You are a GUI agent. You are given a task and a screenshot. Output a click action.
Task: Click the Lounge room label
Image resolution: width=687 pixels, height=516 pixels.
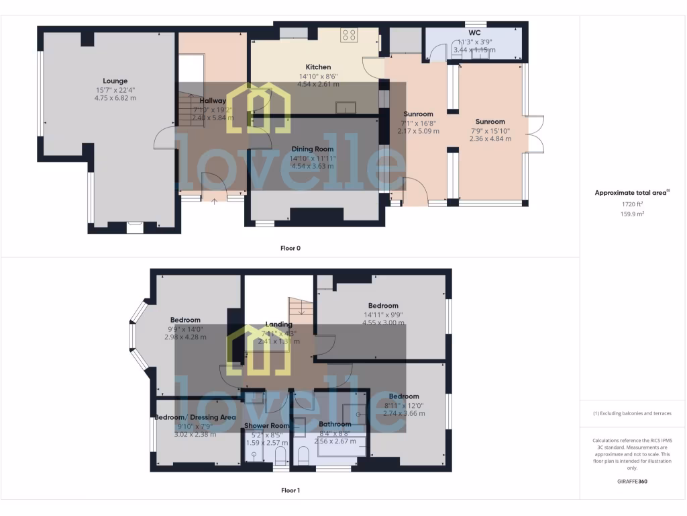[x=115, y=81]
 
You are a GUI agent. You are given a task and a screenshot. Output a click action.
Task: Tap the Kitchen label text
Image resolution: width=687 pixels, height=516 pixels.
[x=318, y=67]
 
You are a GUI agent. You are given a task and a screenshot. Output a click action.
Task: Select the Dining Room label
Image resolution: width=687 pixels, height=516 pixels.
[x=312, y=148]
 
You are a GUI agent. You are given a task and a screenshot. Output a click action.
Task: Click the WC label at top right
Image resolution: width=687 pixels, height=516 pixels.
[x=474, y=32]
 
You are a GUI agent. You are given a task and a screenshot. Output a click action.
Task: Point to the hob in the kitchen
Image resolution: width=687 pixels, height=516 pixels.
[x=348, y=35]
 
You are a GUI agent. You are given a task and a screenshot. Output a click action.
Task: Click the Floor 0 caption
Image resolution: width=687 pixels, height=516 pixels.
[x=290, y=248]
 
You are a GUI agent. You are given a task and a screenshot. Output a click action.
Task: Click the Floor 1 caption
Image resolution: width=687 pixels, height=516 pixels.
[x=290, y=490]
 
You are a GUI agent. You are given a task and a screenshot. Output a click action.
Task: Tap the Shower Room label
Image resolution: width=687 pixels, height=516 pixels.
[x=266, y=425]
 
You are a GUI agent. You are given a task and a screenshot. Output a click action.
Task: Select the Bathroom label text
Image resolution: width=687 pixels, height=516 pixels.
[x=334, y=424]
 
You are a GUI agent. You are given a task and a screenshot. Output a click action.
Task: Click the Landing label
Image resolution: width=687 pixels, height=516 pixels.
[x=278, y=324]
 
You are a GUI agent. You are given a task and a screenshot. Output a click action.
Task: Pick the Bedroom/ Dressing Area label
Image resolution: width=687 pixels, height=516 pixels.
[x=195, y=417]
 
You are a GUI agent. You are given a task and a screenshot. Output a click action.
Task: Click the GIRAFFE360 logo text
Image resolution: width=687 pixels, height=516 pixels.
[x=633, y=481]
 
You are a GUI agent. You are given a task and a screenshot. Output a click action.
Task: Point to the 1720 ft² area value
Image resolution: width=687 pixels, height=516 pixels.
[x=633, y=203]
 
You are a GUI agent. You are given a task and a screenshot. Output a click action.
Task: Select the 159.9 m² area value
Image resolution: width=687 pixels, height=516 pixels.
[x=633, y=214]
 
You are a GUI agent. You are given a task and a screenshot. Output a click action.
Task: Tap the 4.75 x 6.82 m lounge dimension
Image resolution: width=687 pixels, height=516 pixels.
[x=115, y=98]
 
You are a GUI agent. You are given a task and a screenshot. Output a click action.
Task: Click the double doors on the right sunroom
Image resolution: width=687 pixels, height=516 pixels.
[x=535, y=134]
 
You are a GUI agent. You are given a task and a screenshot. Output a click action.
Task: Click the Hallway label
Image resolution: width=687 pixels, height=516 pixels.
[x=213, y=101]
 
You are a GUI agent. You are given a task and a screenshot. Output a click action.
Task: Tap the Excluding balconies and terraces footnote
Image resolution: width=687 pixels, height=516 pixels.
[x=633, y=413]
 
